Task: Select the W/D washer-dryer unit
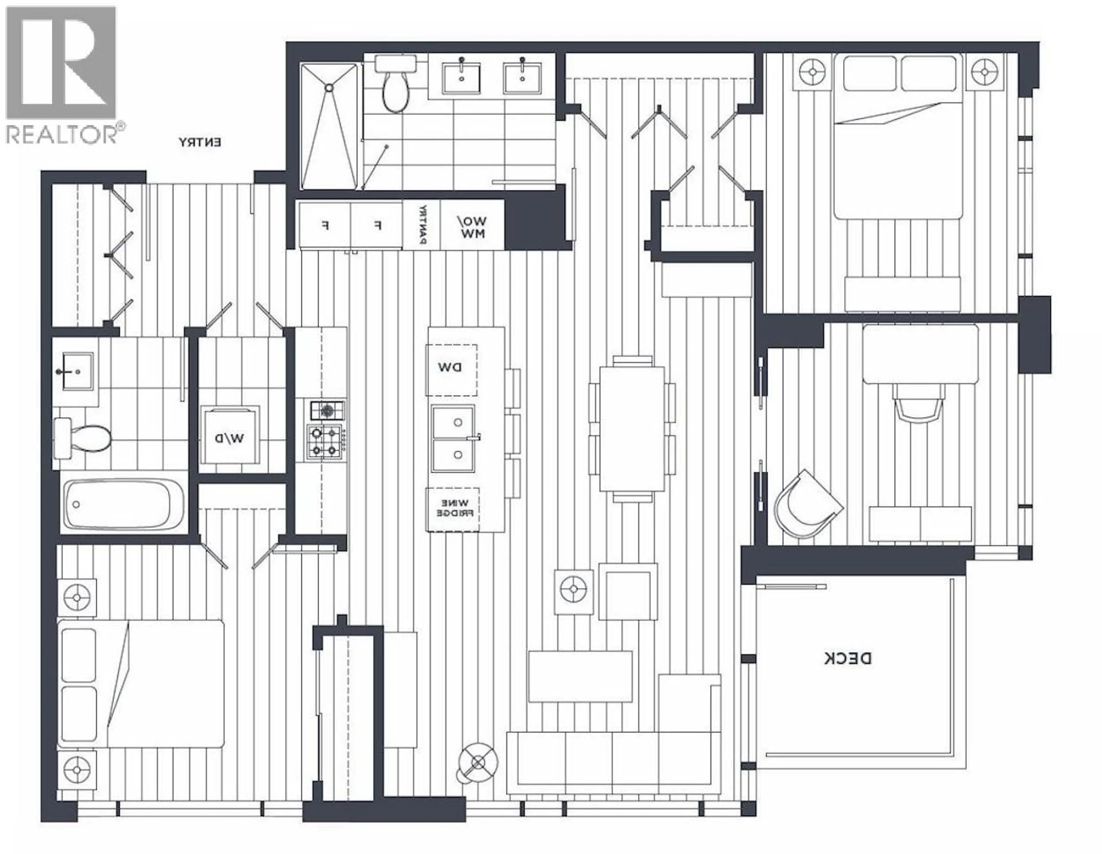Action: click(230, 437)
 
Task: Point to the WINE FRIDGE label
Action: click(453, 508)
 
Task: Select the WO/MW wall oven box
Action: click(472, 225)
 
